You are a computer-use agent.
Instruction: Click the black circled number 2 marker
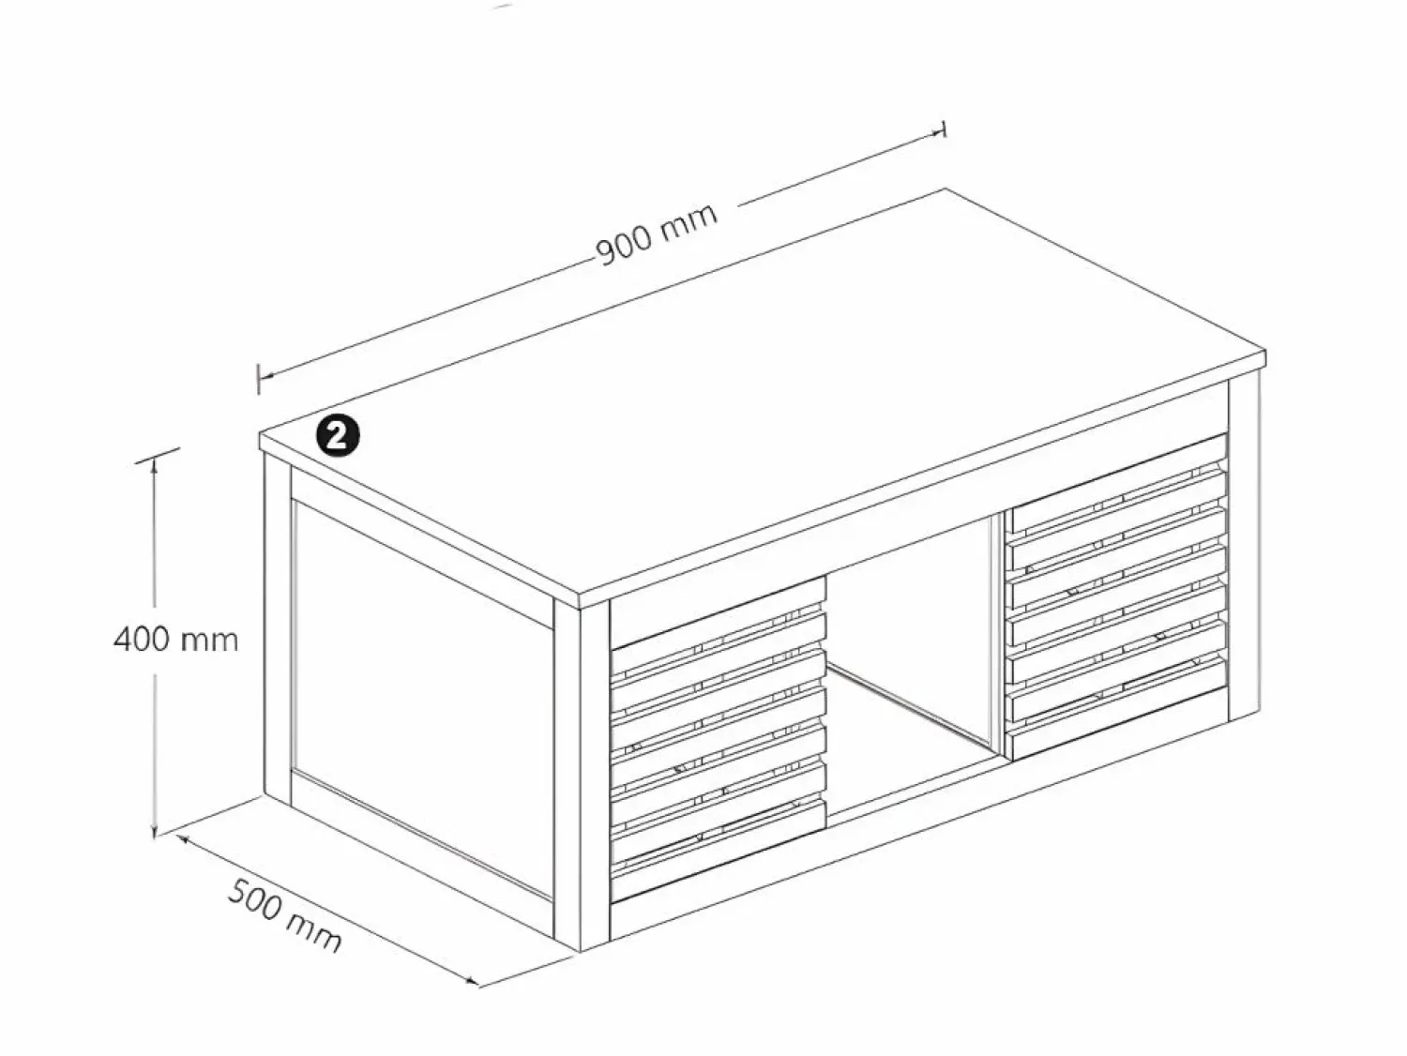pyautogui.click(x=338, y=437)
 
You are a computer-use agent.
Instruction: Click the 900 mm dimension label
pyautogui.click(x=657, y=235)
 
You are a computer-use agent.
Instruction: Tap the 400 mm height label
pyautogui.click(x=175, y=640)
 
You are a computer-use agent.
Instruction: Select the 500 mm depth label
pyautogui.click(x=284, y=917)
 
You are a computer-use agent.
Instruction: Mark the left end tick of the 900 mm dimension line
pyautogui.click(x=258, y=379)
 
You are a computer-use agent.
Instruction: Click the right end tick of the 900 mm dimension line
pyautogui.click(x=944, y=128)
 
